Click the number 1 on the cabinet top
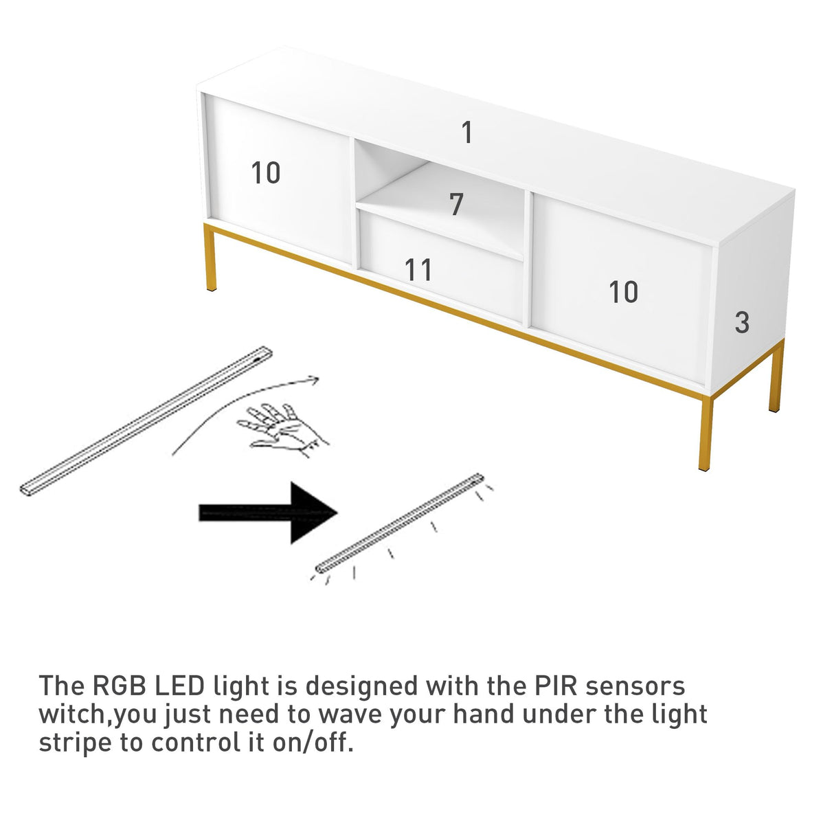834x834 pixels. pos(467,133)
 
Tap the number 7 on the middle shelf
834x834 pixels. pos(456,205)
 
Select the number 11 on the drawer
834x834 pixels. pos(418,270)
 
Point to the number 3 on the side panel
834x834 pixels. pos(742,322)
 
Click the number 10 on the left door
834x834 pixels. pos(266,173)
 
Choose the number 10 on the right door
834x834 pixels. pos(624,293)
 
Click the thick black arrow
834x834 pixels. pos(268,512)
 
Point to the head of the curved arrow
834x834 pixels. pos(315,379)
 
